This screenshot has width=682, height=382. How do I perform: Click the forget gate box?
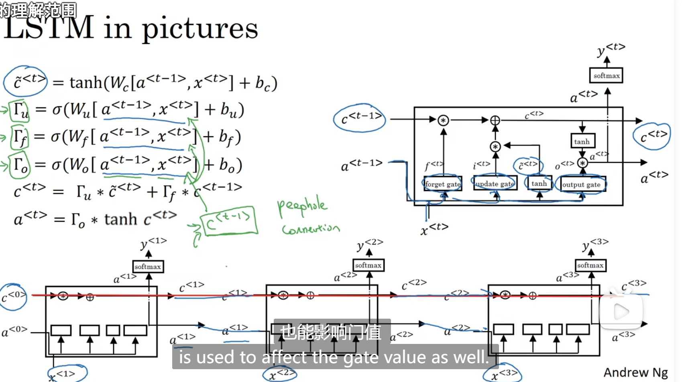[443, 184]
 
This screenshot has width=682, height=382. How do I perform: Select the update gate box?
[495, 184]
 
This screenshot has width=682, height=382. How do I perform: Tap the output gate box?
[581, 184]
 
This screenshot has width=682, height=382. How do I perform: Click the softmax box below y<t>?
[607, 75]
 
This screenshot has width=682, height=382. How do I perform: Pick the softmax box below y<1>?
[148, 267]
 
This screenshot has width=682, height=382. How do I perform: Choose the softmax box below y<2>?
[368, 265]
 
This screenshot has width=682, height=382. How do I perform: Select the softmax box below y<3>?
[590, 265]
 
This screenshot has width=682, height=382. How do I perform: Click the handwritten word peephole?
[302, 206]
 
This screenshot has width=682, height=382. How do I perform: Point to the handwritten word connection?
[311, 229]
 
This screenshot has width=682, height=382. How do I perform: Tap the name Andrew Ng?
[635, 372]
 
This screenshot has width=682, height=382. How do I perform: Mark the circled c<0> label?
[13, 297]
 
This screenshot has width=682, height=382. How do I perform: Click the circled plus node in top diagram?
[495, 120]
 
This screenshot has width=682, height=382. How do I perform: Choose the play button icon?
[621, 311]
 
